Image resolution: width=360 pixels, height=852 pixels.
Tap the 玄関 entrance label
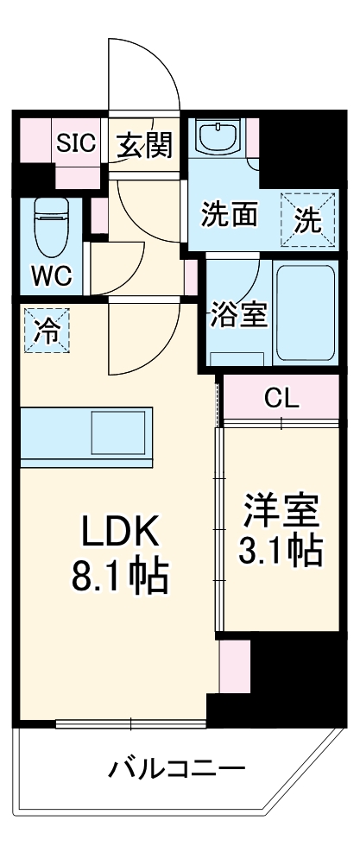[144, 144]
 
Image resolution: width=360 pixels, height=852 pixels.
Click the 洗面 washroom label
[229, 213]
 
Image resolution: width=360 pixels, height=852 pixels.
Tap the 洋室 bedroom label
[281, 510]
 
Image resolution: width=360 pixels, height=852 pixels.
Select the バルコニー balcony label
[177, 767]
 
